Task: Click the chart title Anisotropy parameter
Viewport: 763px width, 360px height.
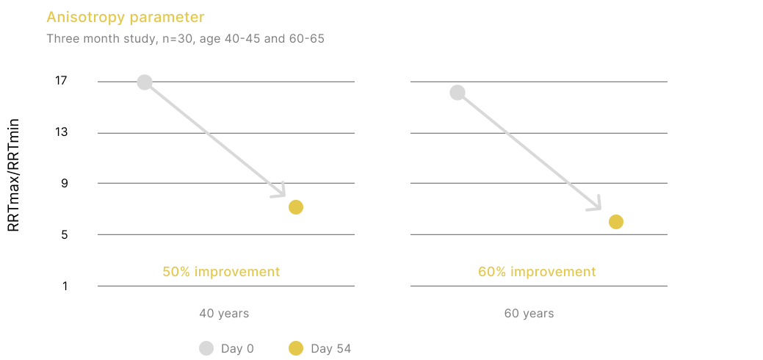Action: coord(126,18)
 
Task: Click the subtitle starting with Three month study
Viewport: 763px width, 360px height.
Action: coord(185,38)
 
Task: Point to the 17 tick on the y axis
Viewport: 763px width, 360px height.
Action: coord(61,80)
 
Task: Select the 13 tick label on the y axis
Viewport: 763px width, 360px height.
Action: coord(61,132)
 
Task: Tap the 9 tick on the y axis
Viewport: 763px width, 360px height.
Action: coord(64,183)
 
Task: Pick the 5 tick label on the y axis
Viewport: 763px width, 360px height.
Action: coord(64,235)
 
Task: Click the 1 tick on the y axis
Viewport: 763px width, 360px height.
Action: coord(65,286)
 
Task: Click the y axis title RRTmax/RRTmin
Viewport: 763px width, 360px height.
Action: coord(14,176)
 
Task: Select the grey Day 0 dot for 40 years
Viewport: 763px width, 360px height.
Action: coord(145,82)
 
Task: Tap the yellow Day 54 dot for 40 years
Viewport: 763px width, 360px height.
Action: coord(296,207)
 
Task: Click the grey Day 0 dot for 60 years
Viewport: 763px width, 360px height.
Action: coord(458,93)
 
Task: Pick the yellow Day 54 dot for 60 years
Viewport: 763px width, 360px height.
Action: coord(616,222)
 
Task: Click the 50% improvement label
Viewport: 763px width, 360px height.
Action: coord(221,271)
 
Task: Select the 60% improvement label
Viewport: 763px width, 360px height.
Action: coord(538,271)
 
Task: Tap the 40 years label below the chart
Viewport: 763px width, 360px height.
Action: coord(224,313)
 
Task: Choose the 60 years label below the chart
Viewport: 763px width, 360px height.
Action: coord(529,313)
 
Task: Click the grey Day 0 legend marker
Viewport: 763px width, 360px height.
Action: coord(206,348)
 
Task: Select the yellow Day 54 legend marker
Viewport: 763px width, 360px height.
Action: coord(296,348)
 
